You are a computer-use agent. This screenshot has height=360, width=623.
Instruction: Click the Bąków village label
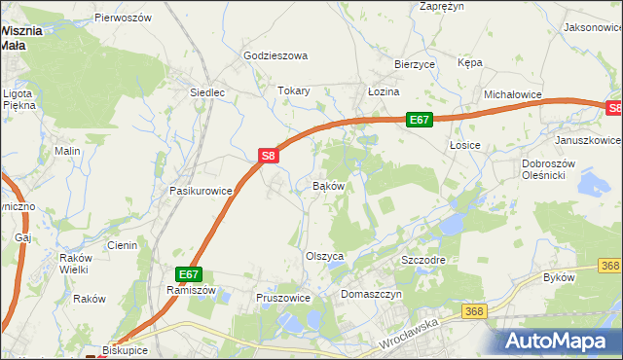(x=328, y=185)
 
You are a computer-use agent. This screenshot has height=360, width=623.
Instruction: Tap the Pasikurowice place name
(x=201, y=191)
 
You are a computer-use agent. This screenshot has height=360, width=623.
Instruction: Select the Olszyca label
(x=325, y=256)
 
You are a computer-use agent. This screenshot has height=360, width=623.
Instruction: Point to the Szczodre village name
(x=423, y=262)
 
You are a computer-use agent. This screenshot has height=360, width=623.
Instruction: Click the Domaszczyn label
(x=371, y=293)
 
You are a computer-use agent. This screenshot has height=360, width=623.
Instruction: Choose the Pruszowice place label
(x=282, y=298)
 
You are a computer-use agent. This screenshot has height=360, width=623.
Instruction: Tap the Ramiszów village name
(x=190, y=290)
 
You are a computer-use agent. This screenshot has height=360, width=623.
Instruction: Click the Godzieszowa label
(x=275, y=55)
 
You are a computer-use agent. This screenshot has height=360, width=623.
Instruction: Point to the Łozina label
(x=384, y=90)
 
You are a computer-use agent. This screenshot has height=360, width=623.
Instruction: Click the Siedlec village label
(x=207, y=92)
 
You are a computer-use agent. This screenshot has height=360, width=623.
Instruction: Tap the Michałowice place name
(x=512, y=94)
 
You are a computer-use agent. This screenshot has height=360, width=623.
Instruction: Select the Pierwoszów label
(x=124, y=18)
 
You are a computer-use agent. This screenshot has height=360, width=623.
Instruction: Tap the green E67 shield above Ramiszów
(x=189, y=275)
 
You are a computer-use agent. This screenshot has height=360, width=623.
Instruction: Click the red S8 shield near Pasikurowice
(x=270, y=155)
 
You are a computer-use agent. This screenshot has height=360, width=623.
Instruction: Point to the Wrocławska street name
(x=413, y=335)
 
